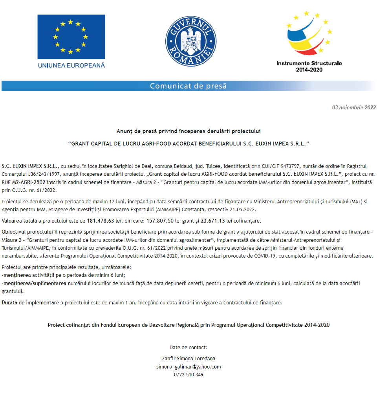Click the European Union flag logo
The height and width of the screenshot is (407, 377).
71,37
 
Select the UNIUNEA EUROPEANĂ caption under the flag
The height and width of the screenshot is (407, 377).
71,65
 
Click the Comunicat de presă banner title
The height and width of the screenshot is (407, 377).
188,86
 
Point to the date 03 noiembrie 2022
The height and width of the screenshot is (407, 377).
354,107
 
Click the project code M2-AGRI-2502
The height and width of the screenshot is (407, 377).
29,182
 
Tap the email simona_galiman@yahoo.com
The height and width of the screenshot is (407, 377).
188,366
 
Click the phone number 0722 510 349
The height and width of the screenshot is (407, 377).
188,375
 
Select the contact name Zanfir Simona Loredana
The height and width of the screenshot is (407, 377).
188,358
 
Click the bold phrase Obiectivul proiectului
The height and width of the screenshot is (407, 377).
27,231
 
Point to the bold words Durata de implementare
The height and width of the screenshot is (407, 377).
30,302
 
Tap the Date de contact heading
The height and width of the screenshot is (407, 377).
188,348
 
